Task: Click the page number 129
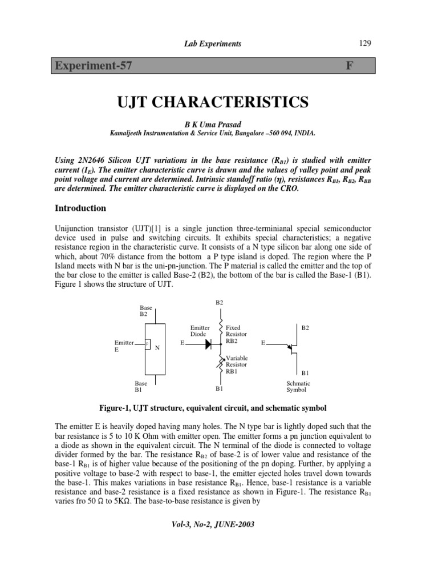pyautogui.click(x=366, y=43)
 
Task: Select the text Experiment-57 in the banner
pyautogui.click(x=94, y=66)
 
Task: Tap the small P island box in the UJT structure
pyautogui.click(x=147, y=343)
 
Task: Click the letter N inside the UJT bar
pyautogui.click(x=157, y=347)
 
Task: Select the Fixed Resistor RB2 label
pyautogui.click(x=237, y=334)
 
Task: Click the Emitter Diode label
pyautogui.click(x=200, y=331)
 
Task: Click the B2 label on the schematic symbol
pyautogui.click(x=305, y=328)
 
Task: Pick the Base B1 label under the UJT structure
pyautogui.click(x=140, y=387)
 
